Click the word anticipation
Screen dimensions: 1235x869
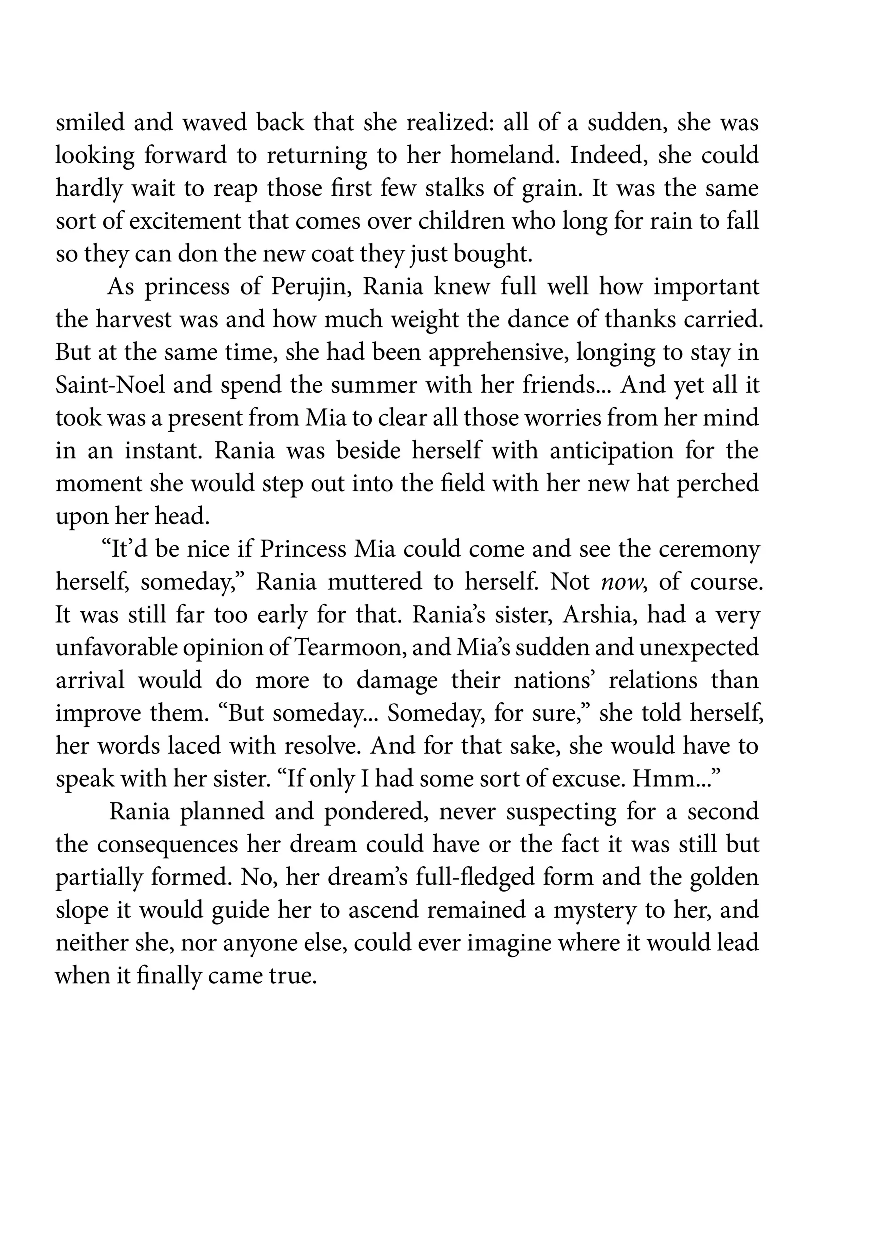(x=611, y=451)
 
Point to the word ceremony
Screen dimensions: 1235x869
(x=709, y=549)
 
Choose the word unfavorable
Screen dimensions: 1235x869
(x=116, y=648)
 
